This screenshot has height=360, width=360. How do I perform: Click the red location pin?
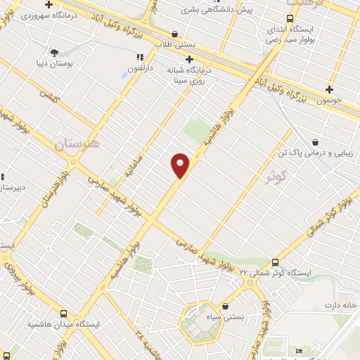coord(180,165)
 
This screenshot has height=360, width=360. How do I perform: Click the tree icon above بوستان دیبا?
coord(55,51)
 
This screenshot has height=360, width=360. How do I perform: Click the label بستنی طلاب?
coord(175,44)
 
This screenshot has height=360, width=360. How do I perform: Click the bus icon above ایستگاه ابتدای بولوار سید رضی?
coord(290,19)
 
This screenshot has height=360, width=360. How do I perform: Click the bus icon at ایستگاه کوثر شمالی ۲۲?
coord(276,260)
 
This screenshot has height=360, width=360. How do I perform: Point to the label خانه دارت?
coord(340,305)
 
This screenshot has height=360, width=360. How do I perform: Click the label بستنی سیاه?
coord(228,318)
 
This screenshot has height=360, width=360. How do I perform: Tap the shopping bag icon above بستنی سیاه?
coord(225,306)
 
